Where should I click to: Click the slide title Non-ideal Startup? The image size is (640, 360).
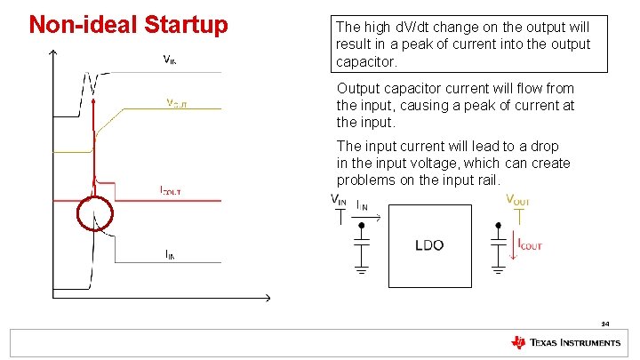point(128,24)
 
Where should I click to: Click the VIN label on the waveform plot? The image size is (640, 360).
point(174,60)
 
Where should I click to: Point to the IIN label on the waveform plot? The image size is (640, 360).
point(170,254)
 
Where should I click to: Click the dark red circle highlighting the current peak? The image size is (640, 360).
point(94,214)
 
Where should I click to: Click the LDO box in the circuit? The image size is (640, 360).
point(429,244)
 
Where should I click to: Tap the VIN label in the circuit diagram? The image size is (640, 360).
point(339,200)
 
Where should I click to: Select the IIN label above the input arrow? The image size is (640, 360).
point(364,205)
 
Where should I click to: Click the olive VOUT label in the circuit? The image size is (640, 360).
point(518,200)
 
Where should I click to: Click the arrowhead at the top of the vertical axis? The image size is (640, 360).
point(54,53)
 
